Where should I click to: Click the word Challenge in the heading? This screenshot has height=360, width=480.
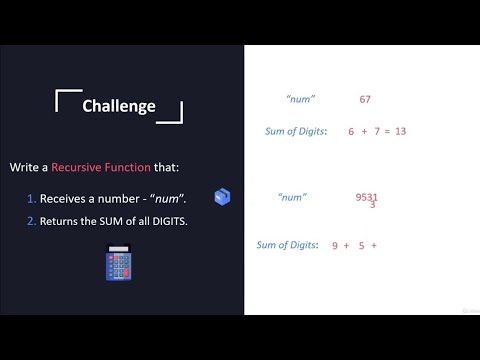coord(119,106)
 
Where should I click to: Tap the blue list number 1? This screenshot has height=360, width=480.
coord(32,198)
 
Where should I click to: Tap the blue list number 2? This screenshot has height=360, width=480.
coord(32,220)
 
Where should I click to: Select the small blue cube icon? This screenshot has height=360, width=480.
coord(223,197)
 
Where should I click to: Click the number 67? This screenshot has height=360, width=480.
coord(365,99)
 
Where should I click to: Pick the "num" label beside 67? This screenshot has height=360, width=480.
coord(300,99)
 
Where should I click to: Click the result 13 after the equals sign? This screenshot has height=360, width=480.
coord(399,131)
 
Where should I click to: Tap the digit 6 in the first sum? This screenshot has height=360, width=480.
coord(351,131)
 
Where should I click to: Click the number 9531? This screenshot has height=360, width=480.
coord(367,197)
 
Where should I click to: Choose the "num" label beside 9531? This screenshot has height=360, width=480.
coord(292,197)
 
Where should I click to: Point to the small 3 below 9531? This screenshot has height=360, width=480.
coord(372,205)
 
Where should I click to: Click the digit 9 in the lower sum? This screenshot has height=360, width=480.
coord(335,245)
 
